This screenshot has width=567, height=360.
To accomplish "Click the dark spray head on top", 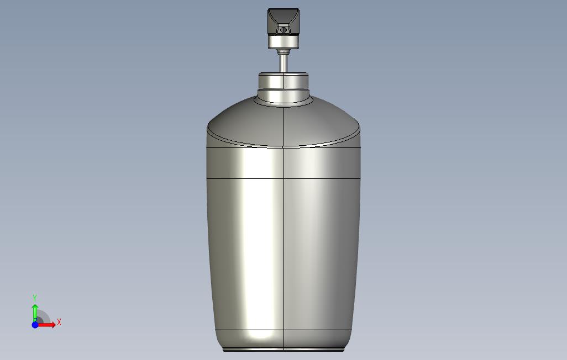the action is click(x=283, y=22).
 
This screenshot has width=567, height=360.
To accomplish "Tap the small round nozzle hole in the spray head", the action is click(x=283, y=30).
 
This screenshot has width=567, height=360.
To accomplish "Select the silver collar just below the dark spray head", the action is click(x=283, y=41).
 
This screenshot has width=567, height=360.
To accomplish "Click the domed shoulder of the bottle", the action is click(x=283, y=121).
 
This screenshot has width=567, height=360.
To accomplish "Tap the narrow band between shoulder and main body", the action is click(x=283, y=163).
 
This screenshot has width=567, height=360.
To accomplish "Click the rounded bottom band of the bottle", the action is click(x=283, y=339).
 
